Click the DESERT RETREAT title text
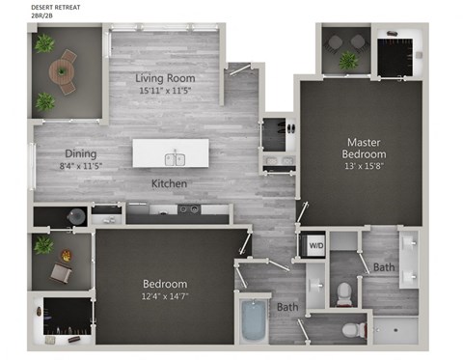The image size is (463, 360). click(28, 7)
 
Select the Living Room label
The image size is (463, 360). click(165, 78)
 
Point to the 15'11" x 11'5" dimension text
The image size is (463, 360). click(165, 91)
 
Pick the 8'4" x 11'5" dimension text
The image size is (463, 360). click(81, 166)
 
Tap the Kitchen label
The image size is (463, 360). click(169, 183)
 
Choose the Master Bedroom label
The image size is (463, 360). click(365, 148)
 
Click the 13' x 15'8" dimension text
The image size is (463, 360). click(365, 166)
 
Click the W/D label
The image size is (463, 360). click(315, 244)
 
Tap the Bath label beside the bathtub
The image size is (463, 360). click(287, 308)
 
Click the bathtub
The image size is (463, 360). click(253, 318)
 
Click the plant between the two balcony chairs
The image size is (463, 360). click(348, 60)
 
